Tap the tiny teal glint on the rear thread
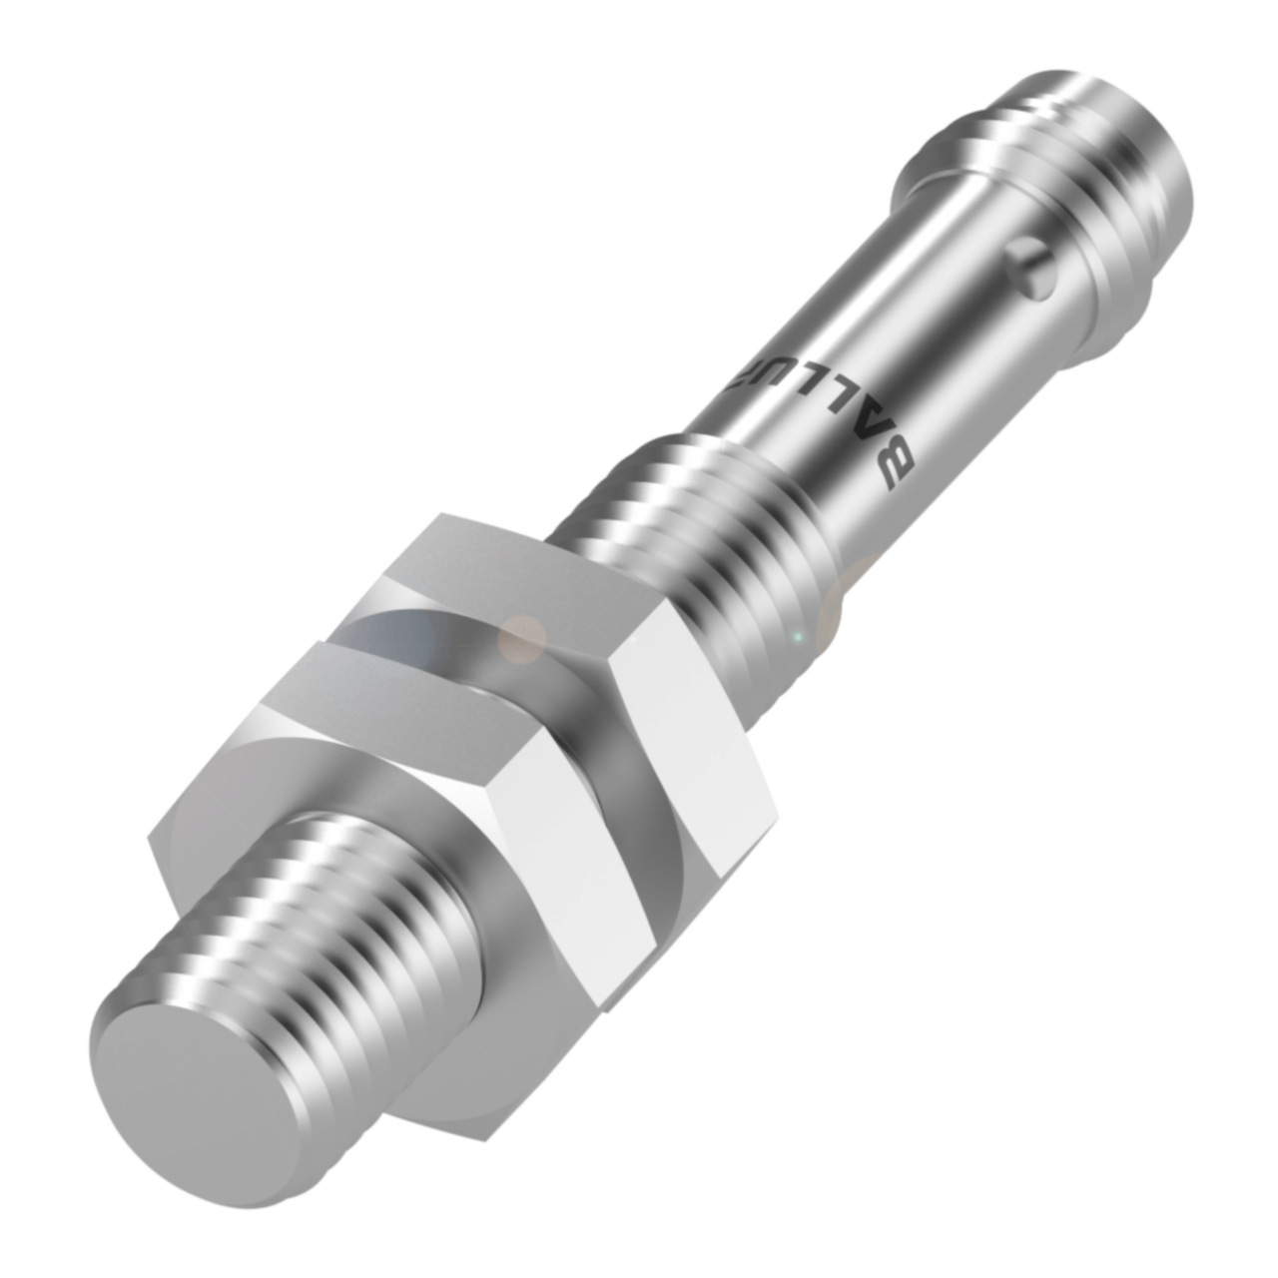coord(796,636)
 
